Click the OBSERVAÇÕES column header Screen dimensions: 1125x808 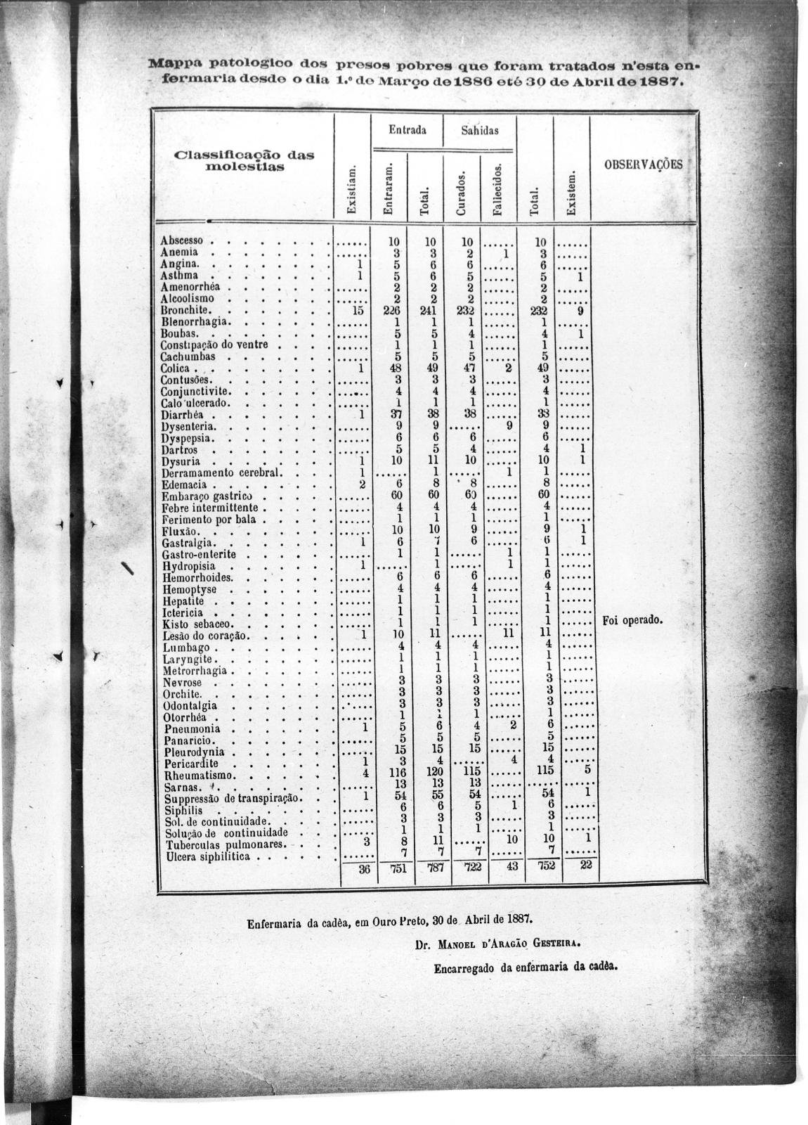[x=643, y=165]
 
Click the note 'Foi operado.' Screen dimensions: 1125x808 [x=633, y=622]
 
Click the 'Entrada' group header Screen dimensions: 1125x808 [x=407, y=131]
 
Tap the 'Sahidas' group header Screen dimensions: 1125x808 [x=480, y=131]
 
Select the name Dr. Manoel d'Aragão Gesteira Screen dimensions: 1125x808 [x=497, y=944]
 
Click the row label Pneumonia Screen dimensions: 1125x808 [x=192, y=729]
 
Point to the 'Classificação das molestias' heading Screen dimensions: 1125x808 [x=243, y=161]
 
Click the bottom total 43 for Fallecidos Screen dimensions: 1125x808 [x=512, y=866]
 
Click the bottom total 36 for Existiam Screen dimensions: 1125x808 [x=363, y=868]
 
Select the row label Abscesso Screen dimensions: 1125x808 [x=182, y=240]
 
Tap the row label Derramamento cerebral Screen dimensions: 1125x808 [x=221, y=472]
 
